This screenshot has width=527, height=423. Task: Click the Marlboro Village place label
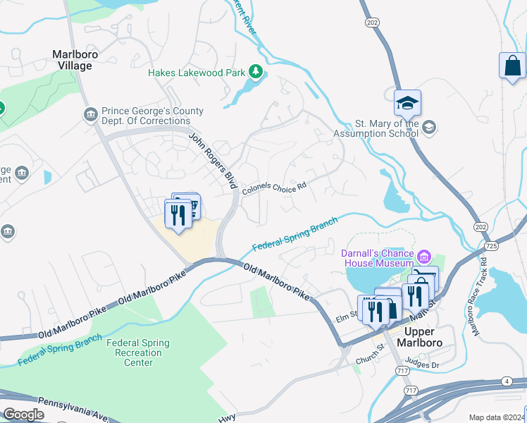75,60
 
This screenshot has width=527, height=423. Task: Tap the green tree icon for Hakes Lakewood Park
256,72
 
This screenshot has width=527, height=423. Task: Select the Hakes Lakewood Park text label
196,72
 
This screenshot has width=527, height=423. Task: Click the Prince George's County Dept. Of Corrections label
152,116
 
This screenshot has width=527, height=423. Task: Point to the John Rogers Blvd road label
212,160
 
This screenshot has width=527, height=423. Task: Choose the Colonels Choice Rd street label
274,188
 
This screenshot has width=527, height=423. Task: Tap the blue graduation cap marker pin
407,103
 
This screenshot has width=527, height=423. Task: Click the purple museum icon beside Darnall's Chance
425,255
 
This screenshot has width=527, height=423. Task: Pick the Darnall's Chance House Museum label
378,257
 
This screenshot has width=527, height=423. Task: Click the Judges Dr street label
423,365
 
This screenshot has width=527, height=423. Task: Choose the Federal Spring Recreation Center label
138,352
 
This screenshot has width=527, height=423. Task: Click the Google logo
24,415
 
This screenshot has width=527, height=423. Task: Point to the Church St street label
367,359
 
